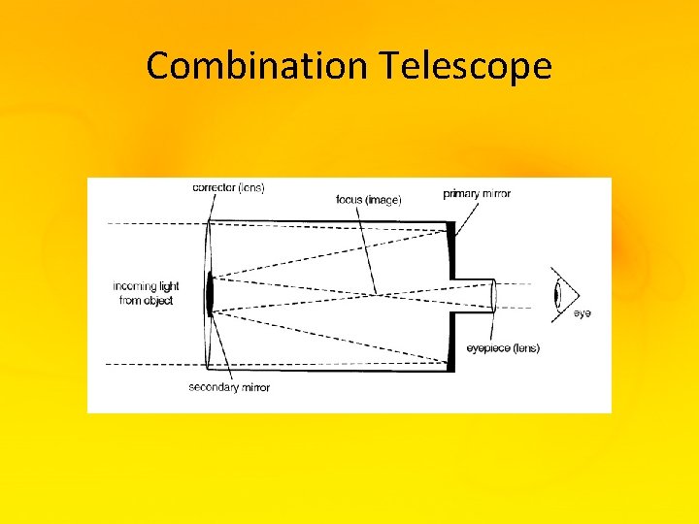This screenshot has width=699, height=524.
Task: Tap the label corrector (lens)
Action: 228,187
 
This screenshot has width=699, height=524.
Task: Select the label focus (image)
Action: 368,199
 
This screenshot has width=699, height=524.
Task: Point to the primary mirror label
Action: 477,194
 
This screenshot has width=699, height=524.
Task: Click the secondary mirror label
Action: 229,387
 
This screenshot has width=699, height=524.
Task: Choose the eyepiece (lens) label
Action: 503,348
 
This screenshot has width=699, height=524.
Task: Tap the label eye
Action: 582,313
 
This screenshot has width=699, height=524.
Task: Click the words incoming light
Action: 146,286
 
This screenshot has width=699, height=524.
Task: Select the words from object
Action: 146,301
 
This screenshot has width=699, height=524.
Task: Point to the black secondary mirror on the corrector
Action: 210,293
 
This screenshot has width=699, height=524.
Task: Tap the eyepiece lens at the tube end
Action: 493,294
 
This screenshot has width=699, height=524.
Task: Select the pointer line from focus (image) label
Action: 367,247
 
